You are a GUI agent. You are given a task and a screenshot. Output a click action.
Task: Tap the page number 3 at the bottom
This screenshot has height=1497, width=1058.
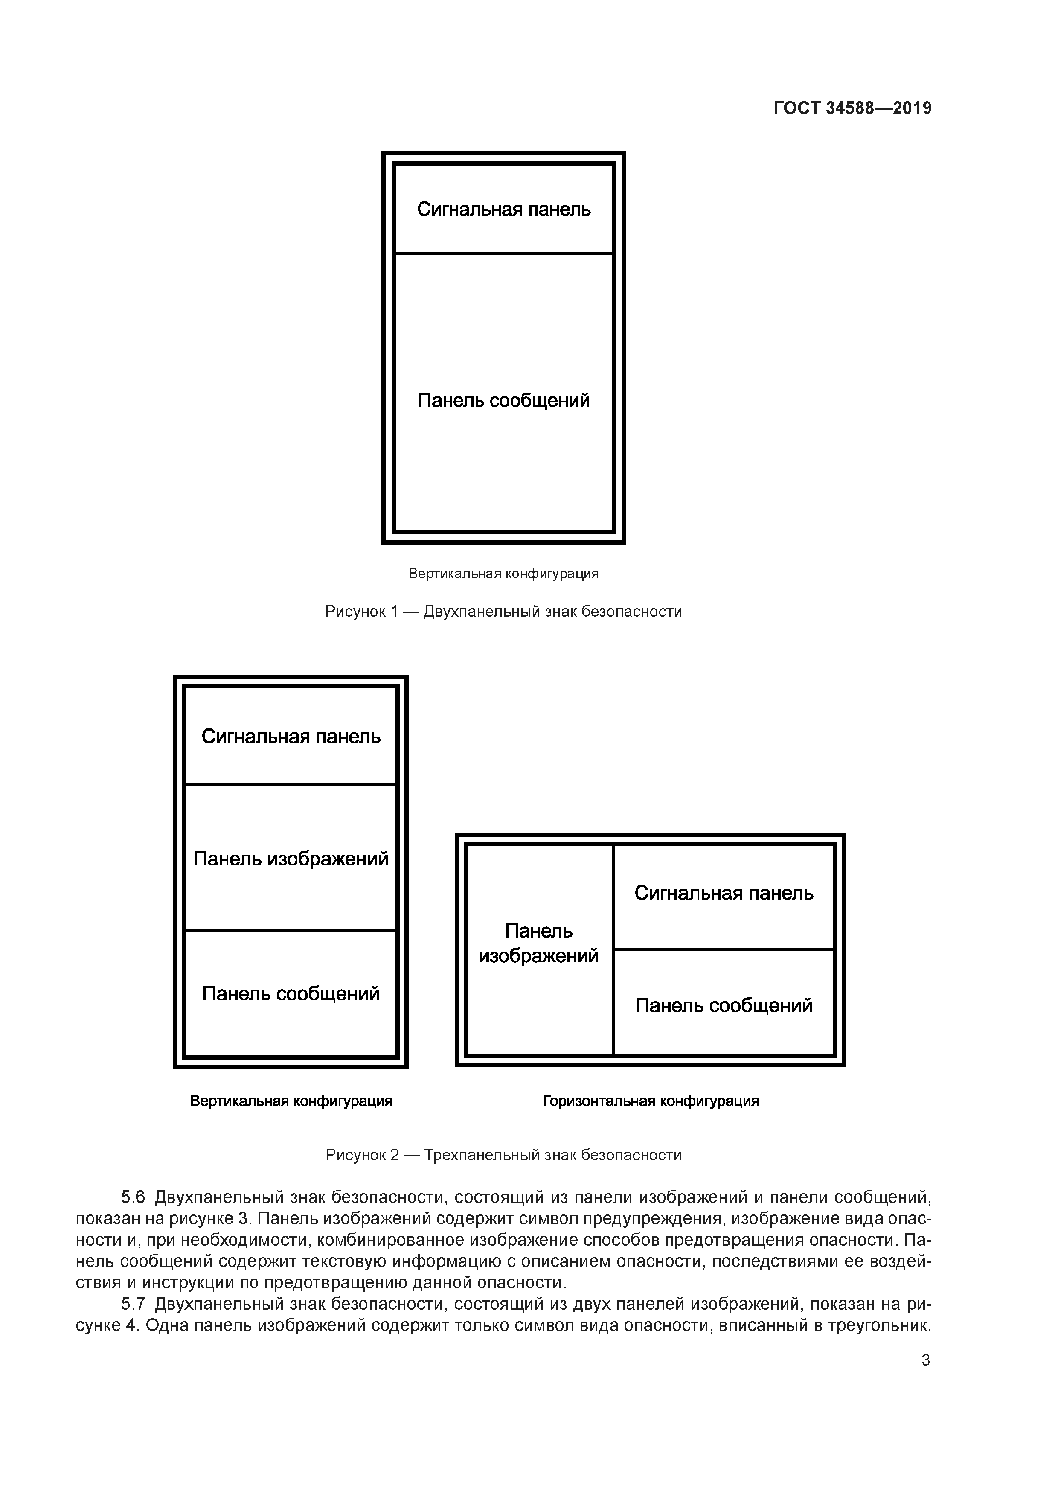925,1360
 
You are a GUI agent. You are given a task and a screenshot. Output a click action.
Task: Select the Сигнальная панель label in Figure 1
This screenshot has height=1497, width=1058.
504,209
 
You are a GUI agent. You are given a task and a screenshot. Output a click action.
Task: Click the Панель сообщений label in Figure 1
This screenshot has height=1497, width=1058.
504,400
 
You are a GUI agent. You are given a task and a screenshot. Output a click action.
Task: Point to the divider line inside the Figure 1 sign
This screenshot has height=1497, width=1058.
504,253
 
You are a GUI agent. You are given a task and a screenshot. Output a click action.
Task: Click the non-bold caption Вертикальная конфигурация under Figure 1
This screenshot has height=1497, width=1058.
503,574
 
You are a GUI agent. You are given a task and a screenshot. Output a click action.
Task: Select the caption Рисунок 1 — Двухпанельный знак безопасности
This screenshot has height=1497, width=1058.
503,612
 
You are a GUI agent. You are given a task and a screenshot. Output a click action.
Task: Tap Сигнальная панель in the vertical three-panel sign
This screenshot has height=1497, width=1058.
291,737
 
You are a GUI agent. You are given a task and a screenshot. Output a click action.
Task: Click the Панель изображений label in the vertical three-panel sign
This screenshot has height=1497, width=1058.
291,859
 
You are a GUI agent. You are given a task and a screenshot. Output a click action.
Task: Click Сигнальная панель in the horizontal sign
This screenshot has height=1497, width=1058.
724,893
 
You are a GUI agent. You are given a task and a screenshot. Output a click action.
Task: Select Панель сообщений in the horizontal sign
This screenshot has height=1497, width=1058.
724,1005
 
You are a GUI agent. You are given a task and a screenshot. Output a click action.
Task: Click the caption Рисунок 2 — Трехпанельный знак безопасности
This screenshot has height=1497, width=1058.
503,1155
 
